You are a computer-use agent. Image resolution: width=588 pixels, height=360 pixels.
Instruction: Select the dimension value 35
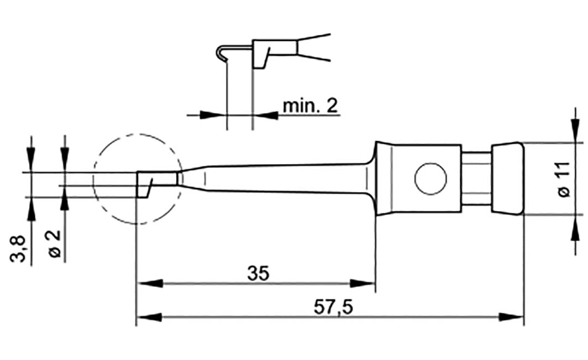click(x=258, y=274)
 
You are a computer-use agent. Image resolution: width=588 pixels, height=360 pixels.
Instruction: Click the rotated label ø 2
click(x=54, y=245)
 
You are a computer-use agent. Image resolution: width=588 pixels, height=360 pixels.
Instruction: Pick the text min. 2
click(x=310, y=106)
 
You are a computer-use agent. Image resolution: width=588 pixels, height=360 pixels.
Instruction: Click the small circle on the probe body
click(x=430, y=179)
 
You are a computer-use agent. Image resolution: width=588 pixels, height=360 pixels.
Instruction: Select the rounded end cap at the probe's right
click(x=507, y=179)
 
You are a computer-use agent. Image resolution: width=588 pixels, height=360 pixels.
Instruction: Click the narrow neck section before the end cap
click(x=476, y=179)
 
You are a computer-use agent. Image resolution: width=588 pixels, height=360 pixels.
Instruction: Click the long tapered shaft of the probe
click(x=277, y=178)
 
